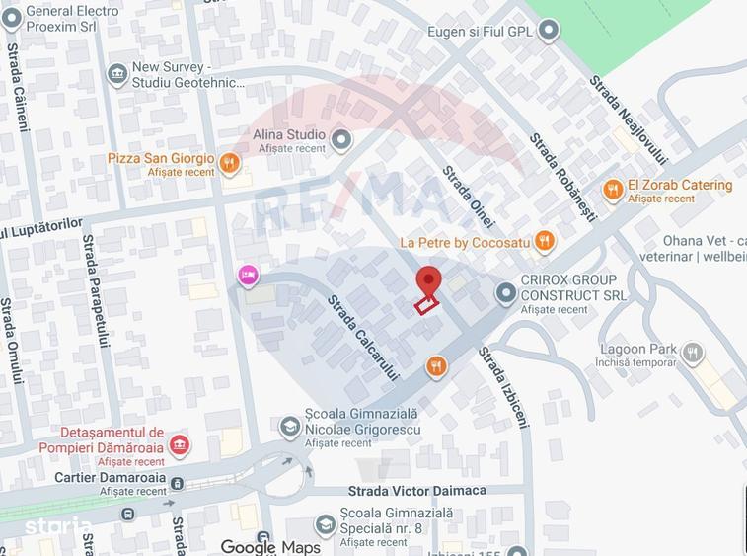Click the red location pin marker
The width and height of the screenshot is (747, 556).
pos(427,280)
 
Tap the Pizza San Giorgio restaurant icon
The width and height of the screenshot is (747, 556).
pos(230,163)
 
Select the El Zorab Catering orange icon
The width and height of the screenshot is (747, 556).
pos(613,190)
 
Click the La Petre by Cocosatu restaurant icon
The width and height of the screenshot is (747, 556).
pos(543,242)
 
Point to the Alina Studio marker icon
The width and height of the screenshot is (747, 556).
pos(341,139)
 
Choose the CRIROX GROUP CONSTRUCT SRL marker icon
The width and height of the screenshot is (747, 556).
pos(505,293)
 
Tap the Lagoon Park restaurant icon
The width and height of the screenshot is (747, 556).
pos(693,352)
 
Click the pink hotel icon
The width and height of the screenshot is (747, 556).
pos(249,276)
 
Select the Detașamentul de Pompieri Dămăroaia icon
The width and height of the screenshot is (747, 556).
pos(179,445)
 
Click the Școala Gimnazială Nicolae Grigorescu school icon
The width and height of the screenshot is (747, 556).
pos(290,426)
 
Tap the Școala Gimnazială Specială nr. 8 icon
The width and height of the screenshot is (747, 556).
pos(326,525)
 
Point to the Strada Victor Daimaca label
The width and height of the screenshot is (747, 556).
pos(416,491)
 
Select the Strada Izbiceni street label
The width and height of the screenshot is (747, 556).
pos(503,386)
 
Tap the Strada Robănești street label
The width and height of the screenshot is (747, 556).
pos(562,177)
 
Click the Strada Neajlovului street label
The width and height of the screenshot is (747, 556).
pos(629,119)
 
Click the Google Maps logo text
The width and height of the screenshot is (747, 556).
pos(270,546)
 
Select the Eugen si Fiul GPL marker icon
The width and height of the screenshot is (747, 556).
pos(548,32)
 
